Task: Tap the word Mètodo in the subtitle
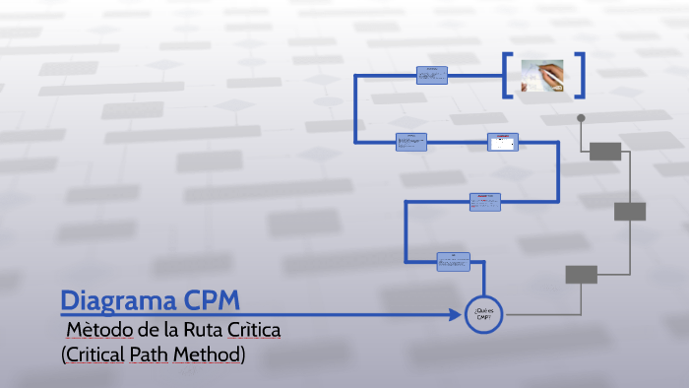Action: (x=99, y=329)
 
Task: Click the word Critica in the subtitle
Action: (x=255, y=329)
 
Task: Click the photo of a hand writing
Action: (x=542, y=76)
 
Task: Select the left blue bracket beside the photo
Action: (x=506, y=76)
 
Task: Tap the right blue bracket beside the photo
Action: (x=581, y=76)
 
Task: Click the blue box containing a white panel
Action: (x=502, y=143)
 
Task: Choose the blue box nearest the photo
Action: (x=431, y=75)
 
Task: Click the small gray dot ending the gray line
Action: (x=581, y=118)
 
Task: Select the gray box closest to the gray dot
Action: (x=605, y=151)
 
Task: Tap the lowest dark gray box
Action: (x=581, y=275)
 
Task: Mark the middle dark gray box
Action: (x=630, y=212)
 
